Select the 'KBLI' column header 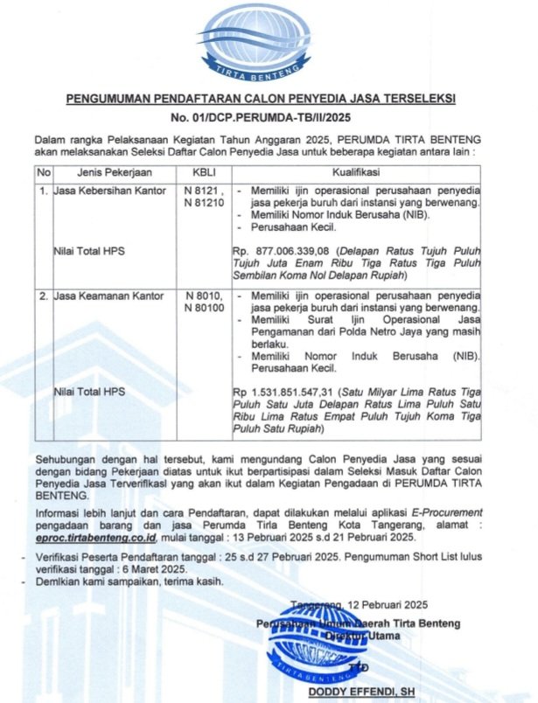pyautogui.click(x=204, y=172)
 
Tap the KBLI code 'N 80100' pyautogui.click(x=204, y=309)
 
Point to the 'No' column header pyautogui.click(x=44, y=172)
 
